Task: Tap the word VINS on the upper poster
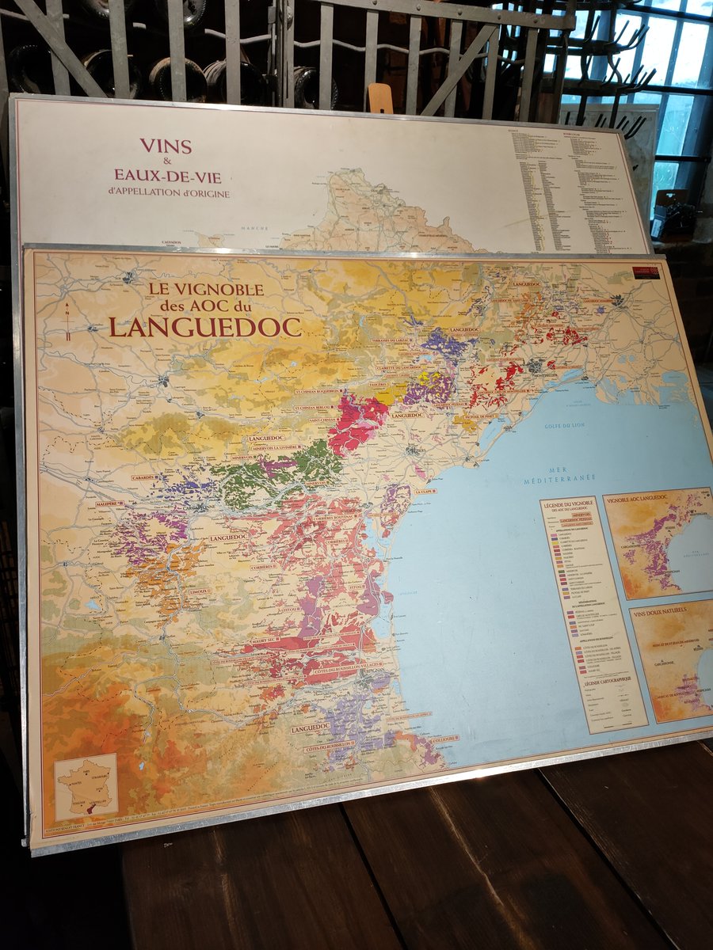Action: pyautogui.click(x=166, y=146)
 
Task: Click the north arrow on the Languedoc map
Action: pyautogui.click(x=68, y=321)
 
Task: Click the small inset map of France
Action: pyautogui.click(x=86, y=787)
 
